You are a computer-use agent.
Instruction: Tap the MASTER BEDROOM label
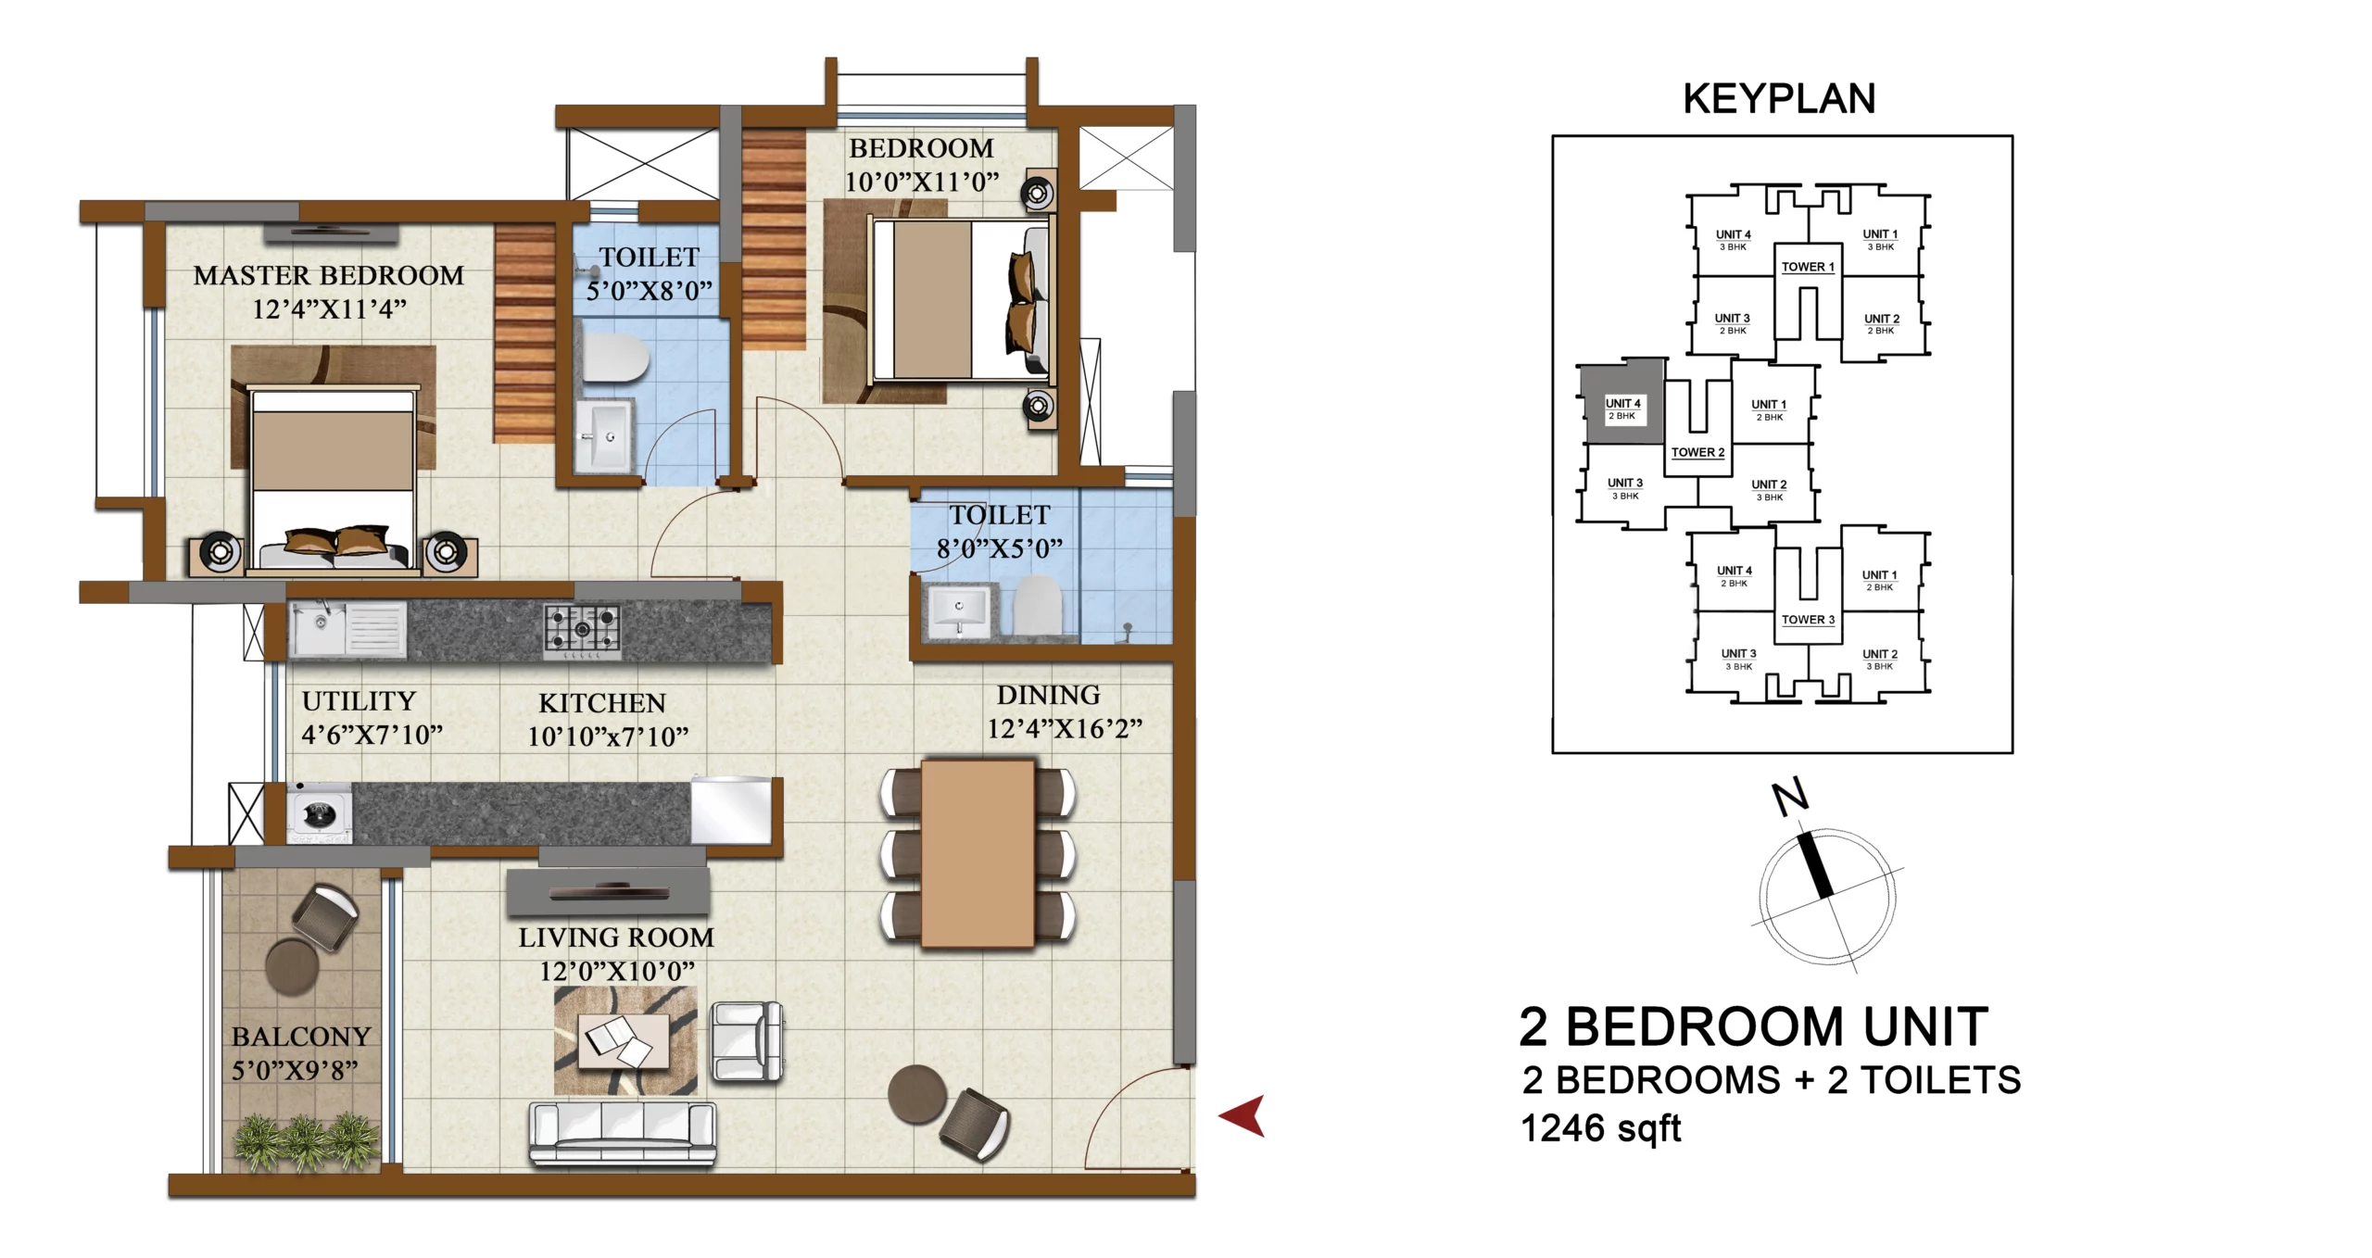pos(329,276)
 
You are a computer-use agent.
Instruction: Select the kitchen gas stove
pos(582,631)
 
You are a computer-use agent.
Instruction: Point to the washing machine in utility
pos(320,813)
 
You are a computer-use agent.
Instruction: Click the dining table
pos(978,853)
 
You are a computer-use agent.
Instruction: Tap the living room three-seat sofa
pos(623,1132)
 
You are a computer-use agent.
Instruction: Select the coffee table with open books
pos(625,1041)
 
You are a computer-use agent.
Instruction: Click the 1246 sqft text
pos(1601,1128)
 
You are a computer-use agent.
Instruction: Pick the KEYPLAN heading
pos(1779,99)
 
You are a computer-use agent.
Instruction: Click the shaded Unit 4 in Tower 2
pos(1621,403)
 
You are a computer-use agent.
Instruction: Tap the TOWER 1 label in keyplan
pos(1808,267)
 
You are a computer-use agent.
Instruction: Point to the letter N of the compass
pos(1789,798)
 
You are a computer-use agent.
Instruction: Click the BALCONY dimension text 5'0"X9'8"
pos(295,1071)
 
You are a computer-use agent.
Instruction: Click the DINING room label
pos(1049,695)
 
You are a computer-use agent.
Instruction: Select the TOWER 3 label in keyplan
pos(1808,620)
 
